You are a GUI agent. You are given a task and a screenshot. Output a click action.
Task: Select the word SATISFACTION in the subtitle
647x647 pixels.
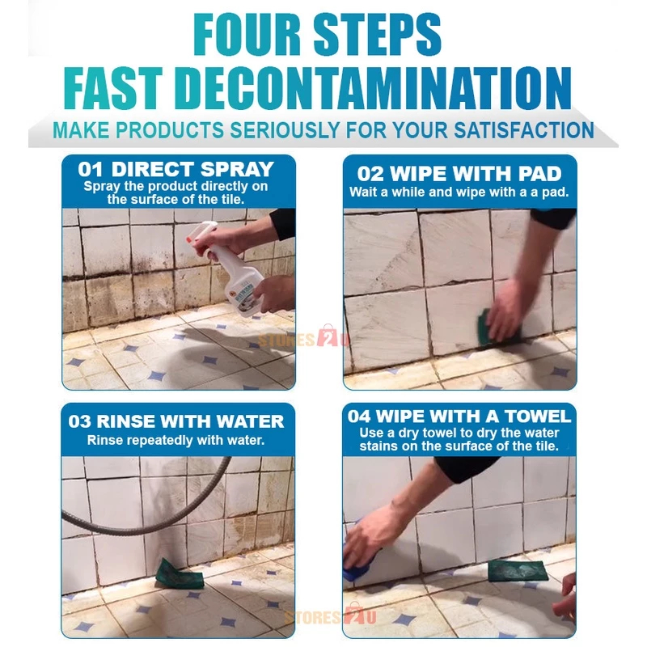[x=524, y=130]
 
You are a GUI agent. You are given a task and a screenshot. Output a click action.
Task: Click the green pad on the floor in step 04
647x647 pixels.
[x=518, y=570]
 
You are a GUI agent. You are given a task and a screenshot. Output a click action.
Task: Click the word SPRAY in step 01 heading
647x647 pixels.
[x=237, y=170]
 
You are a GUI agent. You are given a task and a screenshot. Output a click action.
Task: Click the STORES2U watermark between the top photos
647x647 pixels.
[x=304, y=339]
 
